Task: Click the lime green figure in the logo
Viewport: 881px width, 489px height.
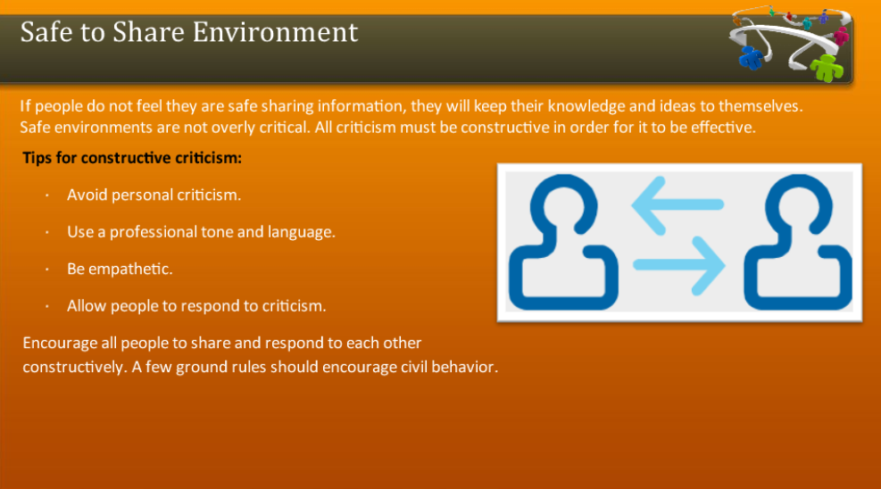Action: (827, 65)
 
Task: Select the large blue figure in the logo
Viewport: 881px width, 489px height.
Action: (752, 56)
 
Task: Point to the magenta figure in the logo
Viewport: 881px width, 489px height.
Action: (841, 36)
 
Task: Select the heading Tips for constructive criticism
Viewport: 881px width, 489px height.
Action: (132, 159)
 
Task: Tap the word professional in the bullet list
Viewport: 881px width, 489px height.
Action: (149, 232)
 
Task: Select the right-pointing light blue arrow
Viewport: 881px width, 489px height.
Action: (678, 265)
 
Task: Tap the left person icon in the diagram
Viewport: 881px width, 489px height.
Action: (563, 244)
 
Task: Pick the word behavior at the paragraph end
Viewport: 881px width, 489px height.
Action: (462, 367)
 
